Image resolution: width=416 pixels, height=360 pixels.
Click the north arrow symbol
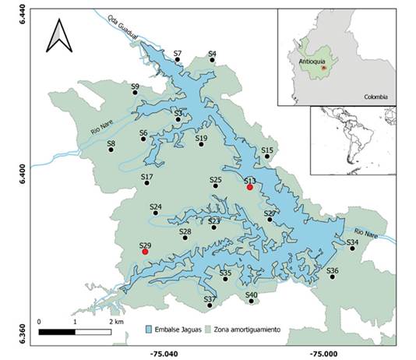[58, 35]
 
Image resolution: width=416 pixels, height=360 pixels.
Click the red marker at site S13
[250, 187]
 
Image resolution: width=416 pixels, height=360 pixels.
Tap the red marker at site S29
[145, 252]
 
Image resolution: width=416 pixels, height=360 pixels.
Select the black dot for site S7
[178, 60]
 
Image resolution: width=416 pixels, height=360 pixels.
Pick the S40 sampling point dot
[251, 301]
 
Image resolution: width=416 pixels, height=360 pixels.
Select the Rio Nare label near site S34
[364, 231]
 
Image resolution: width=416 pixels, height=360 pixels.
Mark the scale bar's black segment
[57, 333]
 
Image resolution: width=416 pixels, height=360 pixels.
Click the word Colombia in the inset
[375, 97]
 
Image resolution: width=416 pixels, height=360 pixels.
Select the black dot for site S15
[267, 157]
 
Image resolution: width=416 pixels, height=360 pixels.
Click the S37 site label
[210, 299]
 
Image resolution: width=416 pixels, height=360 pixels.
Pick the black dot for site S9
[136, 93]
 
